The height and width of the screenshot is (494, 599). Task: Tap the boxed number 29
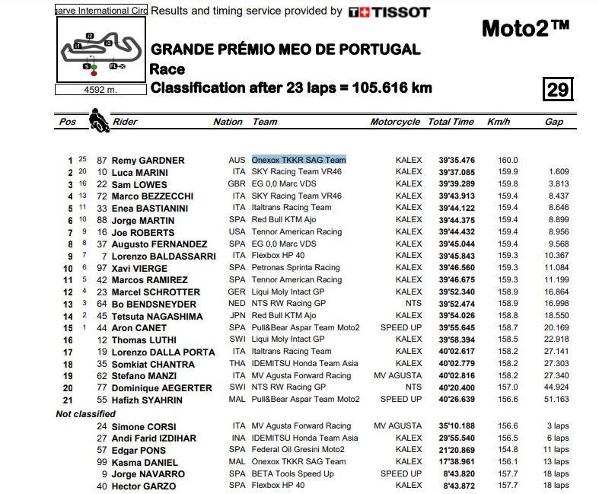pos(557,90)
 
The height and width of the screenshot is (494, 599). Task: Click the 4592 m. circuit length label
pos(101,89)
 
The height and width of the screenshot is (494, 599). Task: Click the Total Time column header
pos(451,122)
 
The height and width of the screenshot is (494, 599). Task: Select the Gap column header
pos(554,122)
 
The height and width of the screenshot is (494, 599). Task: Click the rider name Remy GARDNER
pos(148,161)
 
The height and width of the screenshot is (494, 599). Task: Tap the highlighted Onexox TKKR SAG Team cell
pos(299,160)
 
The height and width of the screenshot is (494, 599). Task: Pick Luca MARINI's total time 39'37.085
pos(456,172)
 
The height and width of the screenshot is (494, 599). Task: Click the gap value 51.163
pos(556,399)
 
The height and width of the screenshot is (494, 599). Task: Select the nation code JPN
pos(237,316)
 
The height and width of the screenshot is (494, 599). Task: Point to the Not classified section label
pos(86,413)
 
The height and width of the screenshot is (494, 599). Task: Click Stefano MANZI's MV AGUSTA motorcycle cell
pos(398,375)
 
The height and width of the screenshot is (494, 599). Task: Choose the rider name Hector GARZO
pos(143,486)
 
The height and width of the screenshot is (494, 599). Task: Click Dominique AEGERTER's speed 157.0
pos(507,387)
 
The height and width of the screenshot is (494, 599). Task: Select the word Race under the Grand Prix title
pos(167,69)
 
